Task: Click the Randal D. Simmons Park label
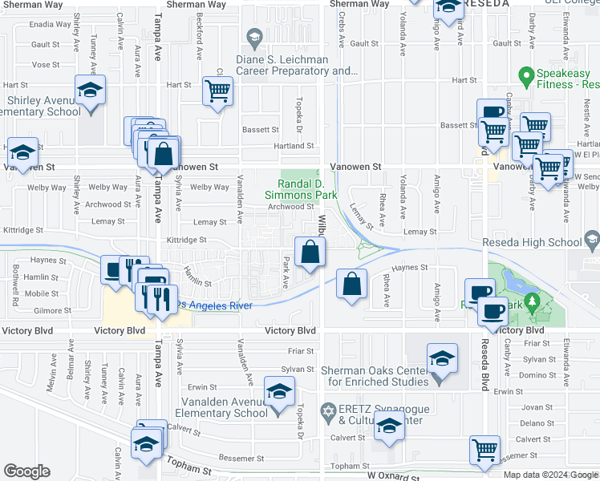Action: coord(301,182)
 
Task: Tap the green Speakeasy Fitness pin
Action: coord(526,77)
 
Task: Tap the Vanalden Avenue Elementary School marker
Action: coord(278,393)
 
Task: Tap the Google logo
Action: coord(26,471)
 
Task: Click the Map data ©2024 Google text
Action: coord(550,475)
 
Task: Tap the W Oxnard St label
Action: coord(392,476)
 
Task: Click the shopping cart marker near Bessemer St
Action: coord(484,450)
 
